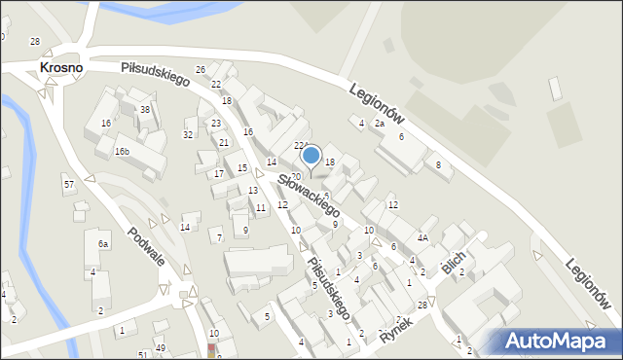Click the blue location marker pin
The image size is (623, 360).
[x=311, y=156]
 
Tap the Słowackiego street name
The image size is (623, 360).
[x=308, y=195]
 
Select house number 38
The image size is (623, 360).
[x=145, y=110]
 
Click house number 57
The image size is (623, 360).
[x=68, y=184]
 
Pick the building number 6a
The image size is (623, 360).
[x=102, y=243]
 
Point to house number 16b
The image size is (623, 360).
[x=122, y=152]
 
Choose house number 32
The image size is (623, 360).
[x=188, y=134]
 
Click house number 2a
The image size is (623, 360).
[x=380, y=124]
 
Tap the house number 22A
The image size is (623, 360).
[x=301, y=145]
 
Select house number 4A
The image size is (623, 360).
[x=422, y=237]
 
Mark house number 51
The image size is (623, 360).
[x=143, y=354]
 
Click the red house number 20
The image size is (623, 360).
[x=295, y=176]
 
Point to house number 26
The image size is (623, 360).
[x=201, y=70]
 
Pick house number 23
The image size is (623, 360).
[x=216, y=123]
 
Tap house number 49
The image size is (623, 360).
[x=161, y=348]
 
